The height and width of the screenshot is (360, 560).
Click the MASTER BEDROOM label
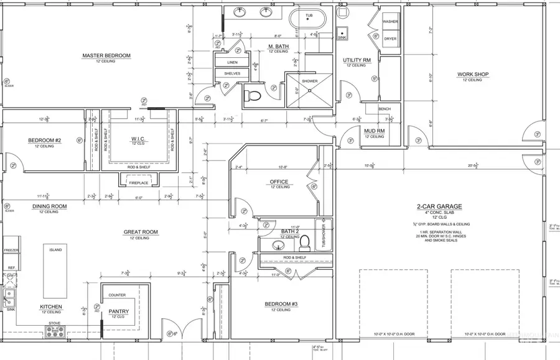[106, 56]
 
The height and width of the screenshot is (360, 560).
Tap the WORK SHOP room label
[473, 74]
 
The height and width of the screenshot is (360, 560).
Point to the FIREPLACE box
[138, 183]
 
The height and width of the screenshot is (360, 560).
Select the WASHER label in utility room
[390, 22]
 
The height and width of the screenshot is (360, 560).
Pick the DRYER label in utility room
[390, 39]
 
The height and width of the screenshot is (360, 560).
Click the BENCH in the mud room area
[385, 109]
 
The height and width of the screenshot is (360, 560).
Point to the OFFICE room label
[279, 182]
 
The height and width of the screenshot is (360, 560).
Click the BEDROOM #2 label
[44, 141]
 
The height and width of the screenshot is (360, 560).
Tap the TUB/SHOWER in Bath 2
[322, 235]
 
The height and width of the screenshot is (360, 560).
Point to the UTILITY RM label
[357, 60]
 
